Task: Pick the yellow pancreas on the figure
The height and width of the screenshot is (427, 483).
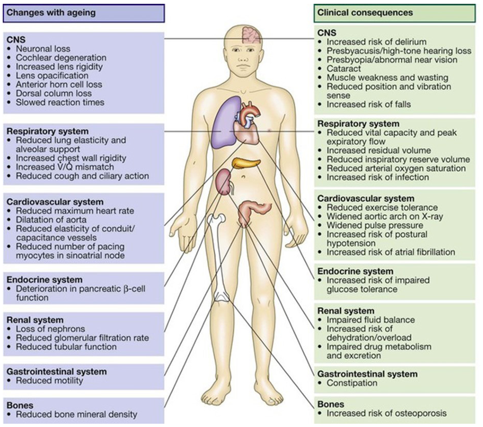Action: (243, 163)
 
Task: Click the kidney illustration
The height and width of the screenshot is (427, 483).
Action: (224, 182)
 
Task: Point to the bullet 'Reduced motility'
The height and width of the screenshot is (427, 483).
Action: (49, 381)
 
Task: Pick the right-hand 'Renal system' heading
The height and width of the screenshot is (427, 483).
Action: (346, 311)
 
